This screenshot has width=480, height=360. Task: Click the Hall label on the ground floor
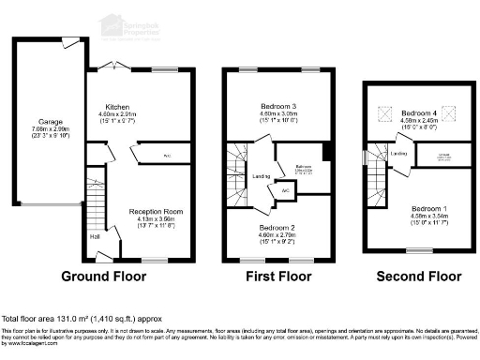[95, 235]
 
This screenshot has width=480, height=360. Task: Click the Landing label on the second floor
[397, 153]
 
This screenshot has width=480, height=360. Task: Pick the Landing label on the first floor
[261, 176]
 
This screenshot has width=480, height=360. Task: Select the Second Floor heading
[418, 277]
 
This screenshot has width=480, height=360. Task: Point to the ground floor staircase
[94, 202]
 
